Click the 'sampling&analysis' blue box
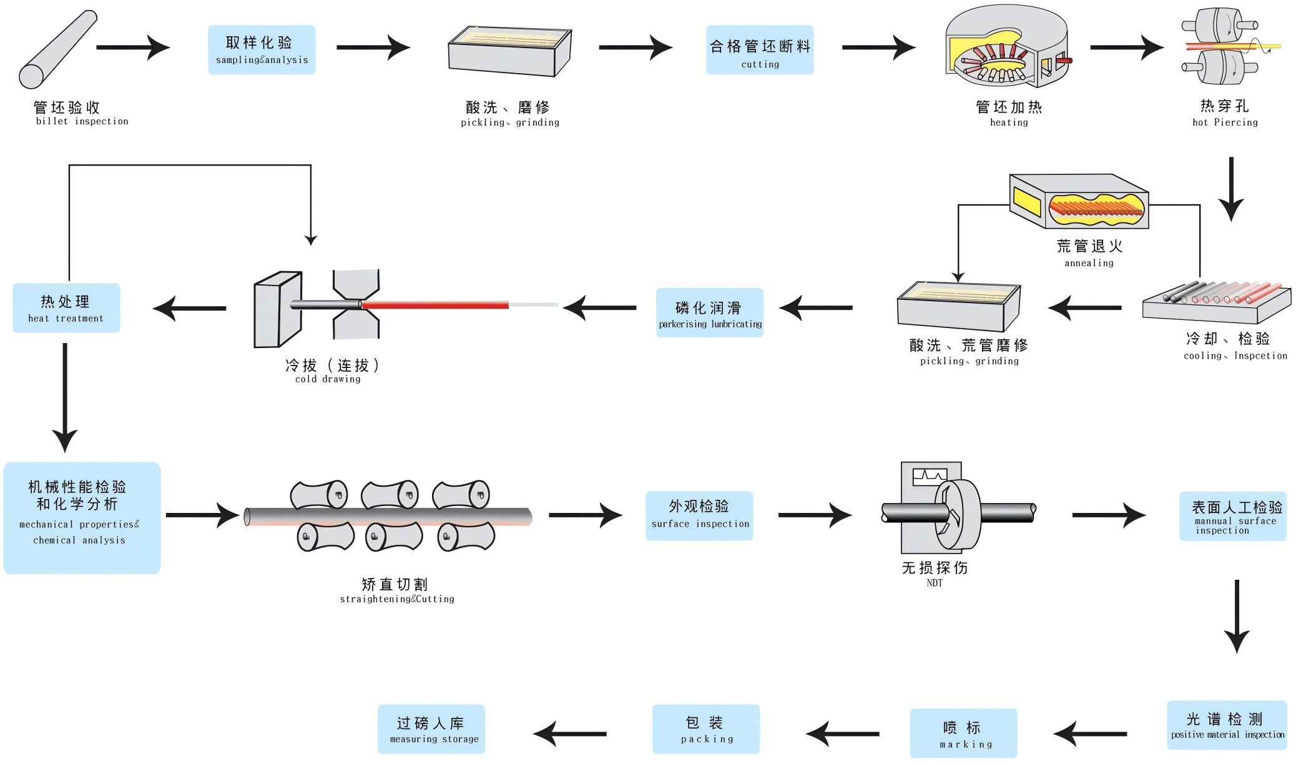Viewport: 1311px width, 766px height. [262, 50]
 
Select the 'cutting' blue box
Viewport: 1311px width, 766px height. [760, 50]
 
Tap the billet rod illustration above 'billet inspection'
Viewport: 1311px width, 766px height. [57, 50]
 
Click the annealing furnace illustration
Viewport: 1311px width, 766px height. [1079, 202]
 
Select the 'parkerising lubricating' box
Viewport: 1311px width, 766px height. [710, 313]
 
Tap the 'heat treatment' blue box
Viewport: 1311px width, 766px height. [66, 308]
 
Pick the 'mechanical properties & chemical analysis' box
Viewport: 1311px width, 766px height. [82, 518]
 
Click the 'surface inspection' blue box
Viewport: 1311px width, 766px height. [699, 516]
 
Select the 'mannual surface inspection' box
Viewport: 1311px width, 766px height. [1233, 516]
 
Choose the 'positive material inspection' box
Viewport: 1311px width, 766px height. [1227, 725]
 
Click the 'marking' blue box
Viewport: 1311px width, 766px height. [964, 734]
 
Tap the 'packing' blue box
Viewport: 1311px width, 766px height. [706, 729]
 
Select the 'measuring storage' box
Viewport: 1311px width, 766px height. [431, 729]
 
